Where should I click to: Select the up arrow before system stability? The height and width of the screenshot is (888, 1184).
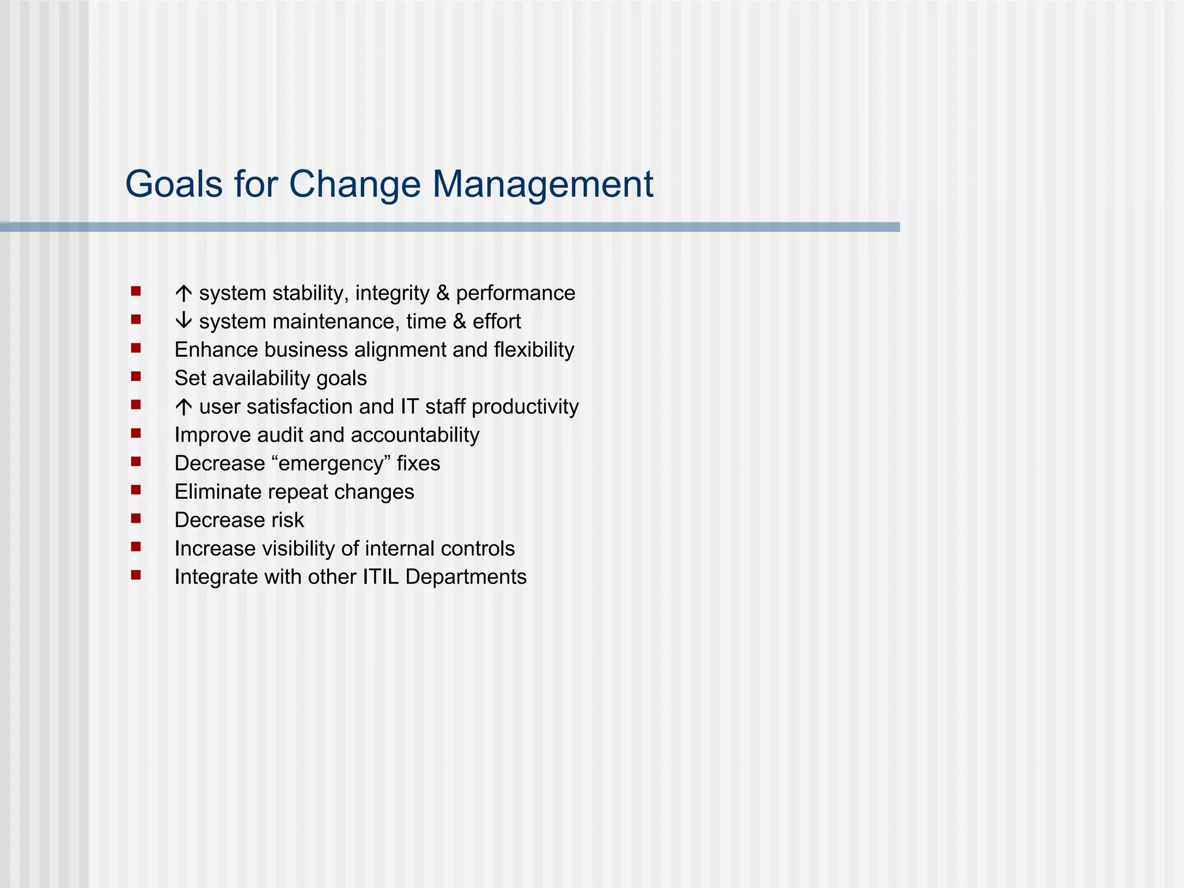(183, 294)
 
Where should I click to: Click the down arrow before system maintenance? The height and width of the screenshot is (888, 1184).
(183, 321)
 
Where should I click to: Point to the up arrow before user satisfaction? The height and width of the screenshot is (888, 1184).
(183, 407)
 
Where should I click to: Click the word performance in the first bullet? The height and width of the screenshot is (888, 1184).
(515, 294)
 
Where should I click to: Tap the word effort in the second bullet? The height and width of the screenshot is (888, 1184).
(497, 321)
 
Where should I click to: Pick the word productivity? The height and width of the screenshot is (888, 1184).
(525, 407)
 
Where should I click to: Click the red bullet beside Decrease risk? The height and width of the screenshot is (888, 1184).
(136, 519)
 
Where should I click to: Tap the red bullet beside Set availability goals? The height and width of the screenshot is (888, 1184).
(136, 377)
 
